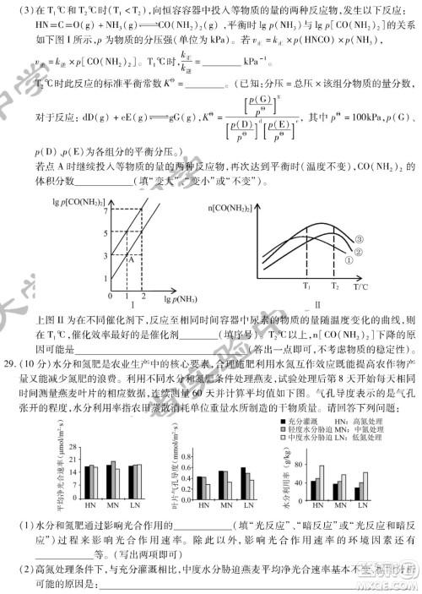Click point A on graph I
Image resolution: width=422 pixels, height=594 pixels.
pyautogui.click(x=131, y=258)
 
